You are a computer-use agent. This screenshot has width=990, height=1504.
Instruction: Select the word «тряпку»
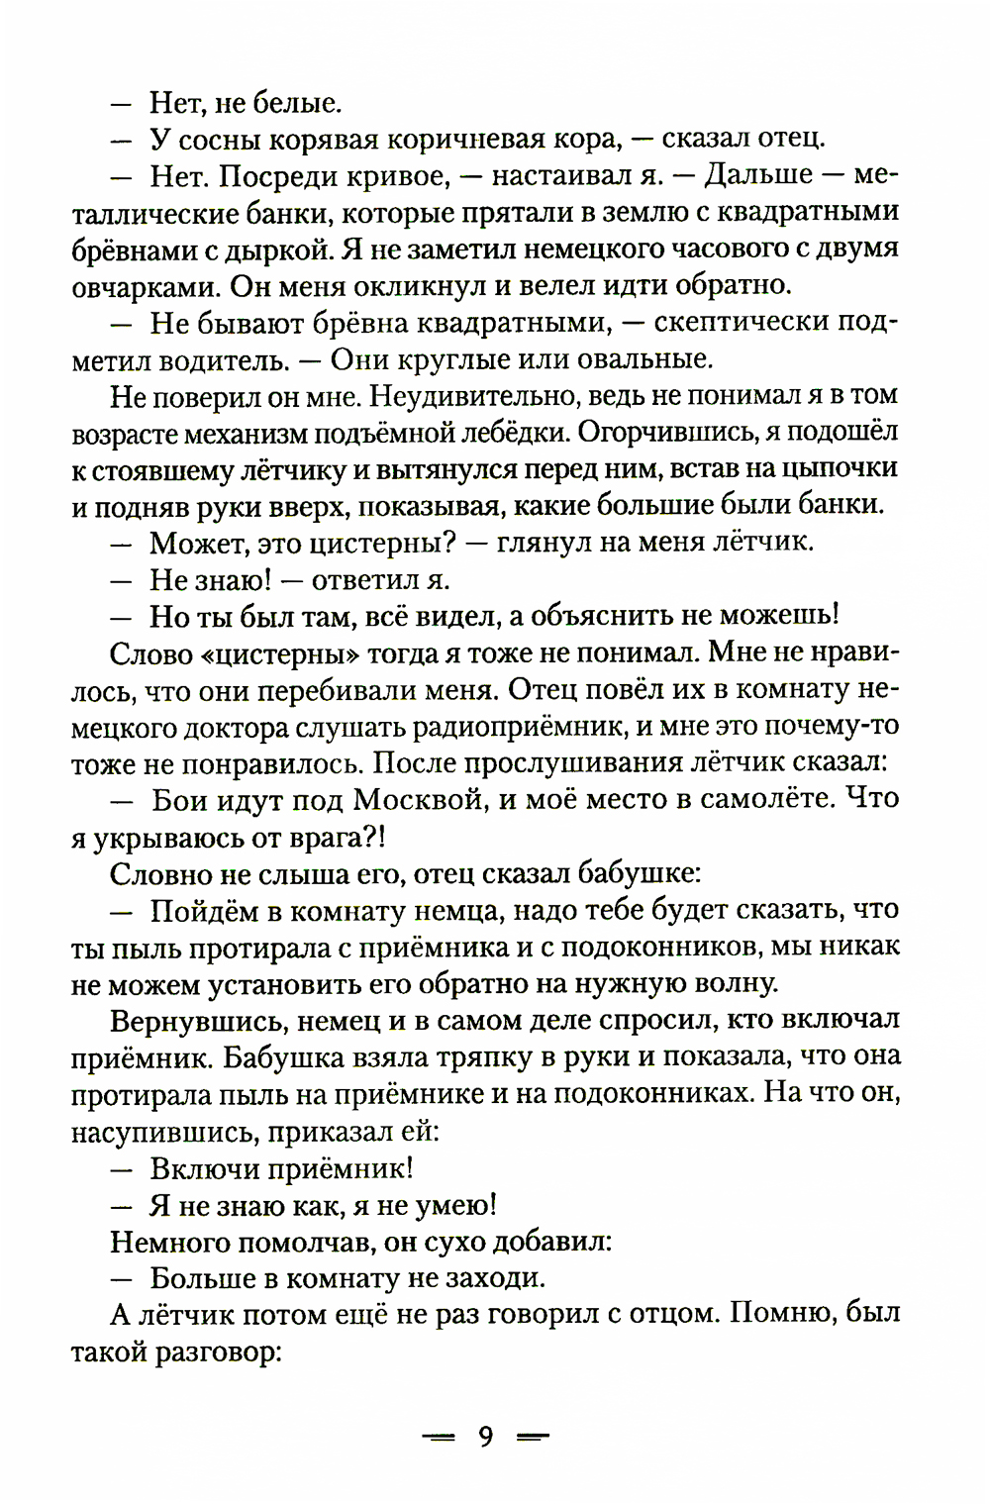click(519, 1056)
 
